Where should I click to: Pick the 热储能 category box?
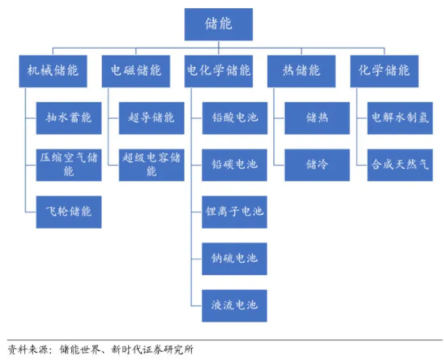point(300,70)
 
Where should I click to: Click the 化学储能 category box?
point(384,70)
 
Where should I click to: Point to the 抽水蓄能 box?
point(69,118)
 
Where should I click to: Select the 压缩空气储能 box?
point(69,163)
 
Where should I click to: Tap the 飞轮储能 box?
point(69,211)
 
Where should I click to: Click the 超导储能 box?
point(153,118)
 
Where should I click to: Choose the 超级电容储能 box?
point(153,163)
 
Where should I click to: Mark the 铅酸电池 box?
point(234,118)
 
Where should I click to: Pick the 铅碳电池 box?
point(234,164)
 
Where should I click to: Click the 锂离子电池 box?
point(234,211)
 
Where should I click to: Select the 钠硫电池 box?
point(234,258)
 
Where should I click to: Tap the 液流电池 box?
point(234,304)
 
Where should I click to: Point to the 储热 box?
point(317,118)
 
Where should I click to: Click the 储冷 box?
point(317,164)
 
